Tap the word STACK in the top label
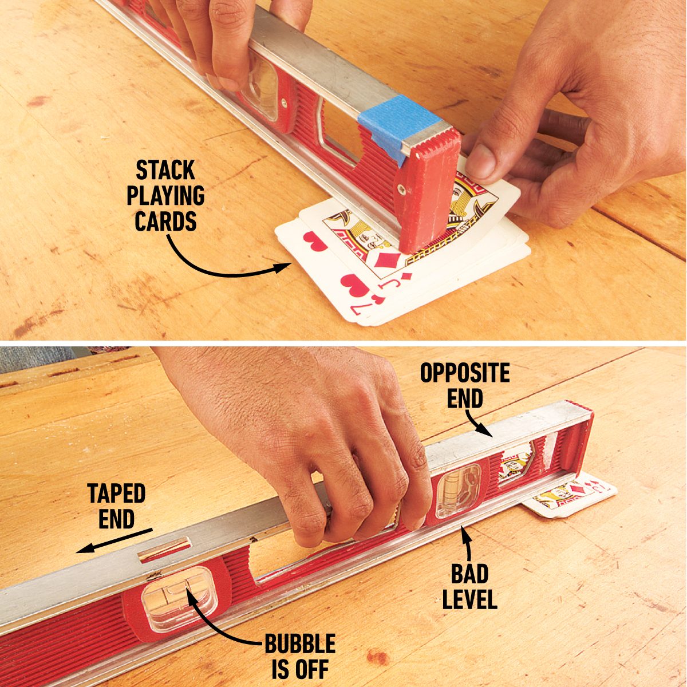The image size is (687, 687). (165, 170)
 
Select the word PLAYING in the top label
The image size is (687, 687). (166, 195)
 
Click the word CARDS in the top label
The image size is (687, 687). (165, 220)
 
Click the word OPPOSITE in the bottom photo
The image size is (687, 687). (465, 373)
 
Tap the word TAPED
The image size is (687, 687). (116, 493)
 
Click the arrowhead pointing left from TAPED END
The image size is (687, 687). (85, 550)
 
